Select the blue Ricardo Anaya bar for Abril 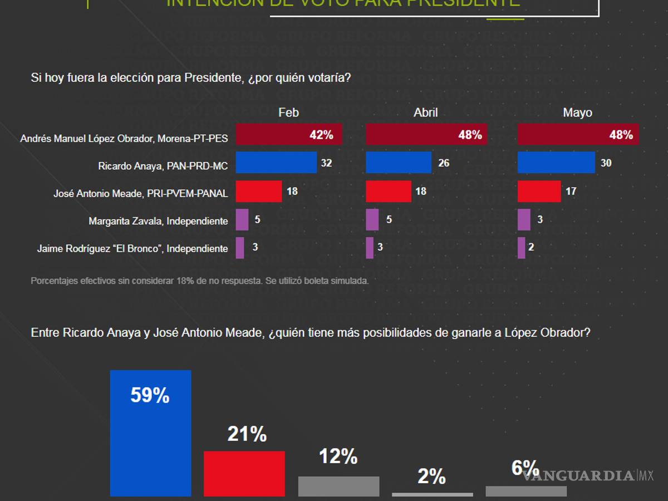click(x=399, y=163)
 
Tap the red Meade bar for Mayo click(x=539, y=191)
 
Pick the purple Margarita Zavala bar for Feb click(x=242, y=220)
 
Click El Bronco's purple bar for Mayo click(x=522, y=248)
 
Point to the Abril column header click(x=425, y=112)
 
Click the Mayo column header click(x=577, y=112)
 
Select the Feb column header click(x=288, y=112)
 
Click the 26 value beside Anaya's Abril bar click(x=444, y=163)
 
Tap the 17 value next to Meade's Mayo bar click(x=571, y=191)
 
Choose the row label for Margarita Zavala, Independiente click(x=158, y=221)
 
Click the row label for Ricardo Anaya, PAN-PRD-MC click(x=163, y=166)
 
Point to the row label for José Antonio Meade click(x=140, y=194)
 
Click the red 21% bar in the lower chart click(x=244, y=473)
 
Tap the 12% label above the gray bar click(x=338, y=456)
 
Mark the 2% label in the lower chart click(x=431, y=477)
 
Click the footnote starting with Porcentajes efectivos click(x=199, y=281)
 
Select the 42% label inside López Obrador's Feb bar click(x=321, y=135)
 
